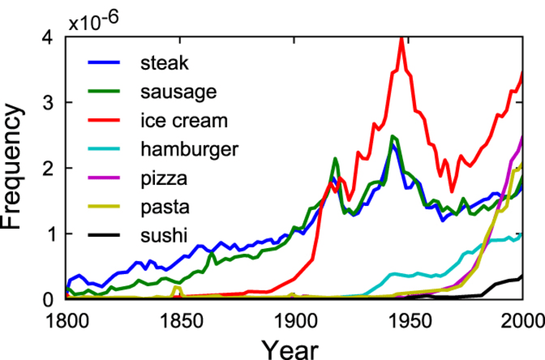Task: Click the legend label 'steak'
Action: (165, 62)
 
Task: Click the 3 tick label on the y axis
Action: (49, 103)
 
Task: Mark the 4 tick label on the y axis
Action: (49, 37)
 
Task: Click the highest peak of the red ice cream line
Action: (402, 40)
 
